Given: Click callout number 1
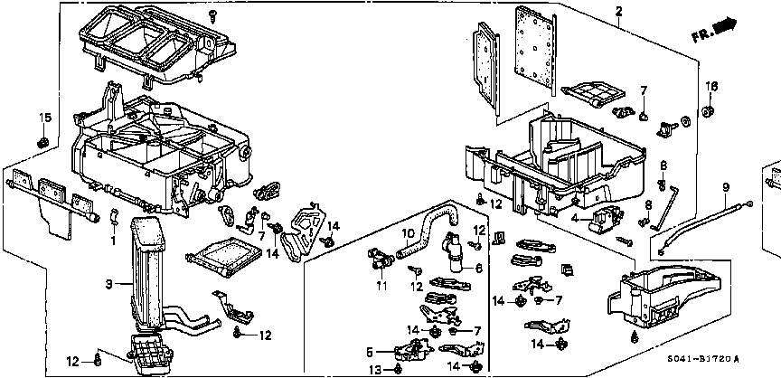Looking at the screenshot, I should pyautogui.click(x=113, y=241).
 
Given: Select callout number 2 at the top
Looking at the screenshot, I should pyautogui.click(x=618, y=12).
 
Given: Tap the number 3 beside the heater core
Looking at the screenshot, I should pyautogui.click(x=108, y=285).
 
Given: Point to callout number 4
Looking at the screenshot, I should pyautogui.click(x=574, y=217).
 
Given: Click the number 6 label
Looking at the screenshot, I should pyautogui.click(x=479, y=269).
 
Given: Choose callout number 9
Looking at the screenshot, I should pyautogui.click(x=725, y=187).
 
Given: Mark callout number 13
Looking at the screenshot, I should pyautogui.click(x=372, y=369).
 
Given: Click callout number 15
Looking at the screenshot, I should pyautogui.click(x=42, y=118).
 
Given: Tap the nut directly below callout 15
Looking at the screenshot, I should pyautogui.click(x=42, y=142).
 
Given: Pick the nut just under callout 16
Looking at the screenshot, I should pyautogui.click(x=710, y=112).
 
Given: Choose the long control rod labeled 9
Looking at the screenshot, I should pyautogui.click(x=705, y=224).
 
